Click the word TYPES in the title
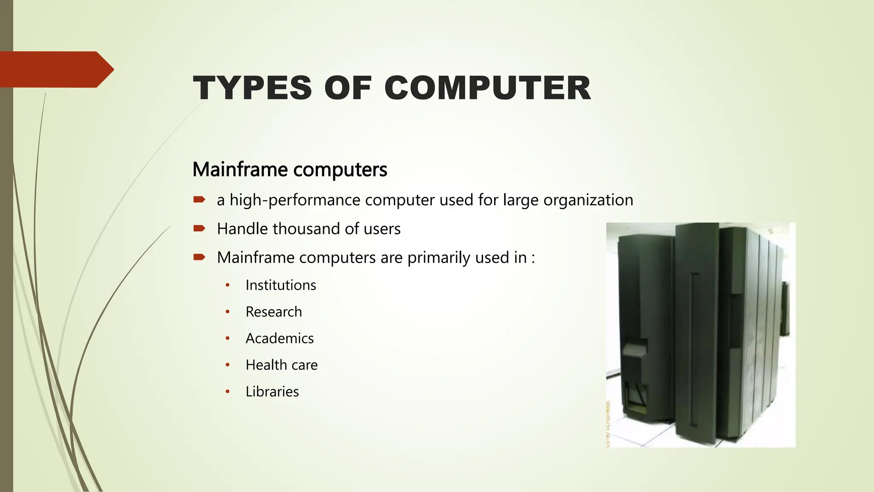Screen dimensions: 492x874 pyautogui.click(x=252, y=88)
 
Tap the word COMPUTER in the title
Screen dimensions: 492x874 pyautogui.click(x=487, y=88)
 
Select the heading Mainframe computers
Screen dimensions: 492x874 pyautogui.click(x=290, y=170)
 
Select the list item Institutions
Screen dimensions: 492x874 pyautogui.click(x=281, y=285)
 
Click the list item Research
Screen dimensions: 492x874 pyautogui.click(x=274, y=312)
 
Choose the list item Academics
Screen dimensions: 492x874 pyautogui.click(x=280, y=338)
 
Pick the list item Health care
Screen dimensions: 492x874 pyautogui.click(x=282, y=365)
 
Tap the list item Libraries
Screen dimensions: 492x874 pyautogui.click(x=272, y=392)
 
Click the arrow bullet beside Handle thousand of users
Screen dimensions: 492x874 pyautogui.click(x=199, y=228)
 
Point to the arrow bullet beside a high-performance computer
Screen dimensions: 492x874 pyautogui.click(x=199, y=199)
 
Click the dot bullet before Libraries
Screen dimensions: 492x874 pyautogui.click(x=228, y=392)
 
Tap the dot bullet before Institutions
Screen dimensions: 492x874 pyautogui.click(x=228, y=285)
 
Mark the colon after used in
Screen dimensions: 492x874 pyautogui.click(x=533, y=258)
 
